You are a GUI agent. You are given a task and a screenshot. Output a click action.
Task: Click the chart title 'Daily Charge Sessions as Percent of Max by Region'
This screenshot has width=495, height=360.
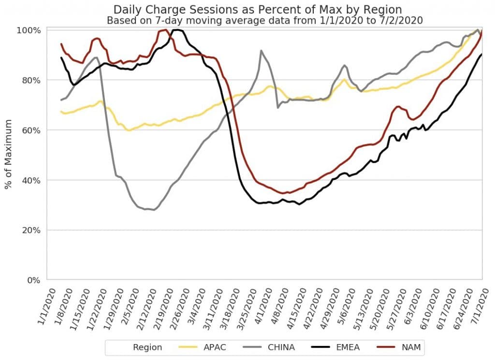click(257, 10)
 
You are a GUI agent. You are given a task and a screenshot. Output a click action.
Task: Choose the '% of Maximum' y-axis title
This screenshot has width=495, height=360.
click(9, 155)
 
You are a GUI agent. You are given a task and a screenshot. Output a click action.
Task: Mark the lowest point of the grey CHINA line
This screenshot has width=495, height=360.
click(154, 210)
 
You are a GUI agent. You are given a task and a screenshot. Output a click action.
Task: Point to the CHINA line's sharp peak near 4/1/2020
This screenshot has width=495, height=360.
click(261, 50)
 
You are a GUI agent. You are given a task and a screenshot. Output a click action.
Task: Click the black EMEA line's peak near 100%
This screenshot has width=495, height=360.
click(177, 30)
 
